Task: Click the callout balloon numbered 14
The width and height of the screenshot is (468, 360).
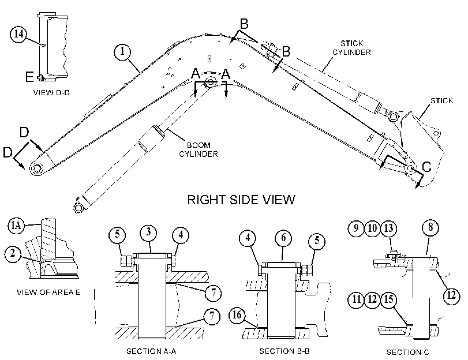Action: coord(18,34)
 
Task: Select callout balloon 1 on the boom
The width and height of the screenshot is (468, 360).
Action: coord(122,52)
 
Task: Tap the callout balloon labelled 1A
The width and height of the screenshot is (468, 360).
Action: coord(16,226)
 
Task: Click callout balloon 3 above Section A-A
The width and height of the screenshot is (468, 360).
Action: coord(148,232)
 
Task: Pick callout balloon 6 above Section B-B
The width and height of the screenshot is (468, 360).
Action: coord(283,238)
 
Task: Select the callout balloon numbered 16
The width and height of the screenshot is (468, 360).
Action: coord(237,315)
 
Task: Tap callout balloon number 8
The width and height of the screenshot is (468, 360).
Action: coord(430,227)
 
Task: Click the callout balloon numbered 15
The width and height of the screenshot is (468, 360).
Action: coord(388,299)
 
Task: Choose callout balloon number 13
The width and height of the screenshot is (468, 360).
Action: coord(388,228)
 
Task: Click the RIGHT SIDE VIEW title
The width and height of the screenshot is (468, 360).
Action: coord(241,200)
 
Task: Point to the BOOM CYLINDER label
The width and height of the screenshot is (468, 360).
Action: coord(199,149)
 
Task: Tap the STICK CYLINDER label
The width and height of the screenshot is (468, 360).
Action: coord(351,48)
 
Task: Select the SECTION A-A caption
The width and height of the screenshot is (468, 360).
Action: coord(151,351)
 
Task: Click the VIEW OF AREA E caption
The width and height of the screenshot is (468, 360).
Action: coord(48,292)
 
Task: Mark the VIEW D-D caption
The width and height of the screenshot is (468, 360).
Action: coord(51,92)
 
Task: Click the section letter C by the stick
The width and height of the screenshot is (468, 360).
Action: coord(427,167)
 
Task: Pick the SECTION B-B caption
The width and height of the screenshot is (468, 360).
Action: coord(284,351)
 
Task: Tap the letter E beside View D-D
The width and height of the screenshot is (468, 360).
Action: coord(29,77)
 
